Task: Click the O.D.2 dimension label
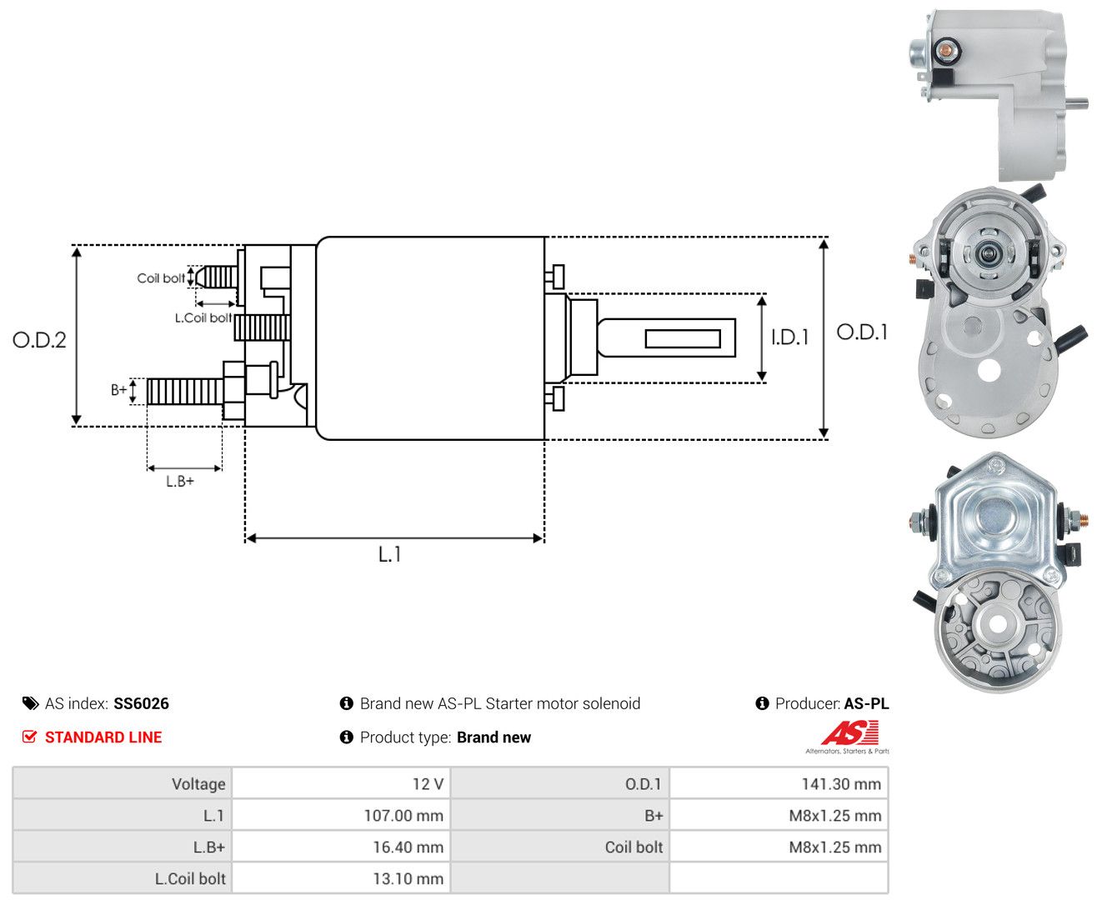pyautogui.click(x=39, y=340)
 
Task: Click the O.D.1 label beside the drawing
pyautogui.click(x=862, y=332)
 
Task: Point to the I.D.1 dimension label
pyautogui.click(x=789, y=337)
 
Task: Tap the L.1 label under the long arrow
pyautogui.click(x=390, y=554)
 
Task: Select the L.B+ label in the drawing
pyautogui.click(x=180, y=481)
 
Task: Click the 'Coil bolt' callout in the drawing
pyautogui.click(x=161, y=277)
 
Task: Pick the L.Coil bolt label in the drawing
pyautogui.click(x=203, y=317)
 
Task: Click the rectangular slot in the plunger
pyautogui.click(x=683, y=339)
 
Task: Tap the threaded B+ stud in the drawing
pyautogui.click(x=185, y=392)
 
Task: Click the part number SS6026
pyautogui.click(x=142, y=703)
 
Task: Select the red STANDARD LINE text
pyautogui.click(x=103, y=737)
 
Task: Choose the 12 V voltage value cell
pyautogui.click(x=341, y=783)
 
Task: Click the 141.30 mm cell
pyautogui.click(x=779, y=783)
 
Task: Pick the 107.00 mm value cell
pyautogui.click(x=341, y=815)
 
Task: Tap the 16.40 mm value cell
pyautogui.click(x=341, y=847)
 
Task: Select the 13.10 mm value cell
pyautogui.click(x=341, y=878)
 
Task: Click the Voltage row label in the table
pyautogui.click(x=198, y=783)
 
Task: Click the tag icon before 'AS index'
pyautogui.click(x=31, y=703)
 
